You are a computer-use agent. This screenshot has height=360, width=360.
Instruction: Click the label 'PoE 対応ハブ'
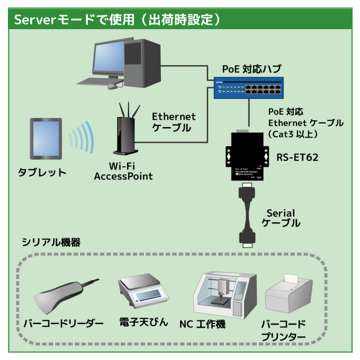tap(251, 69)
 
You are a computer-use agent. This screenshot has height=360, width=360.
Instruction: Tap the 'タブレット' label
tap(42, 172)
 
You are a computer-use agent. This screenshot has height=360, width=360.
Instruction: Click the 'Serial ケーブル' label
tap(281, 218)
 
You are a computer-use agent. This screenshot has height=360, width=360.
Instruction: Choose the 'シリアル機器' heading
tap(51, 242)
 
